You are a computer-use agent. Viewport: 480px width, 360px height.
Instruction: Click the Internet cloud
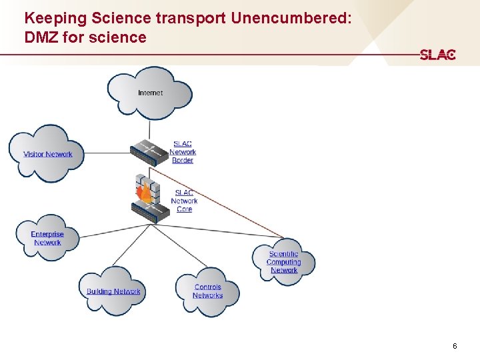point(150,93)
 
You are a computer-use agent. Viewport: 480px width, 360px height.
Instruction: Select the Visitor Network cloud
point(47,154)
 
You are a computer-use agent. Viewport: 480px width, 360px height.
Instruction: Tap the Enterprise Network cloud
point(47,238)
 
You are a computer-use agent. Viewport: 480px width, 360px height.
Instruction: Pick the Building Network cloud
point(113,291)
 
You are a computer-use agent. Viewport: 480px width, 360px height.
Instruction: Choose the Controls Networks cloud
point(207,291)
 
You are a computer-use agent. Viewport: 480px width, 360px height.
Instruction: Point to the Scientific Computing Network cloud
point(284,261)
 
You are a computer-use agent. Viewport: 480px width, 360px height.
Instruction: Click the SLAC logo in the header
point(437,55)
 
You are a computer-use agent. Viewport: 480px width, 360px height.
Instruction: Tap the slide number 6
point(455,346)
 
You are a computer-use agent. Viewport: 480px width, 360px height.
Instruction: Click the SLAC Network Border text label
point(182,152)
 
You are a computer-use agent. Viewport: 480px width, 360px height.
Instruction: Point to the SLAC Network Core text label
point(184,201)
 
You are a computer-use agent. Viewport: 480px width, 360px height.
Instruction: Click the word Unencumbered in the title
point(291,18)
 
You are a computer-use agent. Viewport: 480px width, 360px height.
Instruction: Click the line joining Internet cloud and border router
point(149,129)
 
